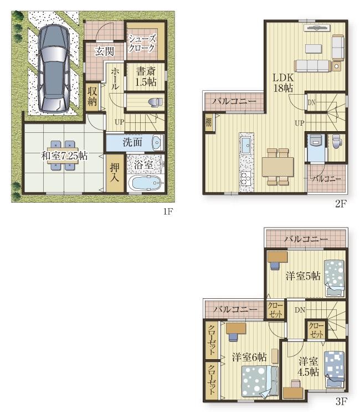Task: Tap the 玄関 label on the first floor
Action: (105, 51)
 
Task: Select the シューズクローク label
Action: (142, 43)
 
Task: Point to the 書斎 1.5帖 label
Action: (146, 76)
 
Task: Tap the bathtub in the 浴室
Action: (145, 183)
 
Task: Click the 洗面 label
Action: (132, 143)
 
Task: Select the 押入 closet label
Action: (115, 172)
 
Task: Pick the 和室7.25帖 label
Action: (64, 156)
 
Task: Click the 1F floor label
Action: (168, 211)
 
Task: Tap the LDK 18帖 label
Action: (283, 82)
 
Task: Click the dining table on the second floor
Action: (277, 167)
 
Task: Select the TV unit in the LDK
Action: (317, 28)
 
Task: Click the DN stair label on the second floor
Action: (311, 102)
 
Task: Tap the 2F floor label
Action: (341, 204)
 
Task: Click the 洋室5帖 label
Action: (303, 276)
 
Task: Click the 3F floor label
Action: (341, 402)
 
